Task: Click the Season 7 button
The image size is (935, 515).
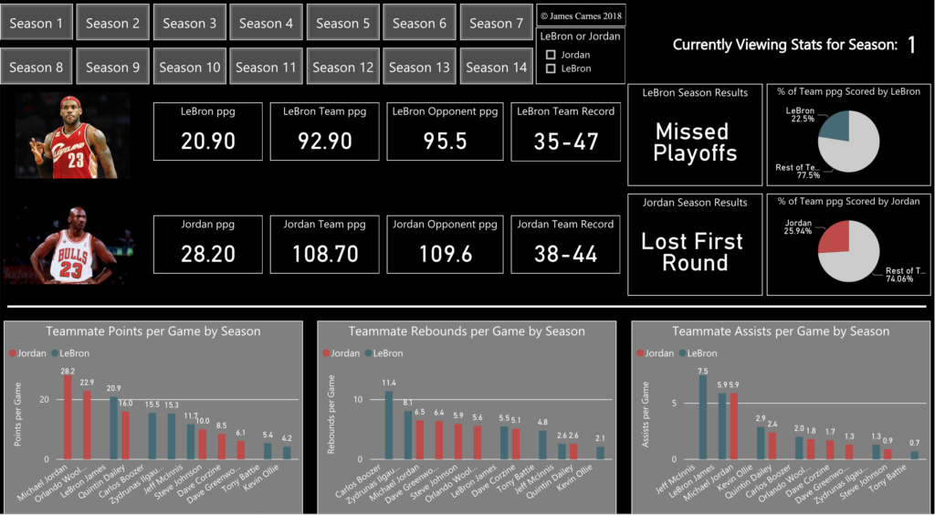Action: point(497,23)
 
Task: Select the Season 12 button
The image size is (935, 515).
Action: point(343,67)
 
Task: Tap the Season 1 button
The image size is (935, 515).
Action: point(37,23)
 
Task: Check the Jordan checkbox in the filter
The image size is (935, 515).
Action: point(551,55)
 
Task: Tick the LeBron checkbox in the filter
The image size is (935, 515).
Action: point(551,68)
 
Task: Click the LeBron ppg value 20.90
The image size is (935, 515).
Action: point(208,141)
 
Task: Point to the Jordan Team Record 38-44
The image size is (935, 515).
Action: point(565,253)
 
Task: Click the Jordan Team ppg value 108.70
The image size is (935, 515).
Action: point(325,253)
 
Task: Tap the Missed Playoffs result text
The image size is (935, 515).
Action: point(695,142)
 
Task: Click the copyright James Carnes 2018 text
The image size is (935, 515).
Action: point(581,16)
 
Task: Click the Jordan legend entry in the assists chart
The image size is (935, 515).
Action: point(652,352)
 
